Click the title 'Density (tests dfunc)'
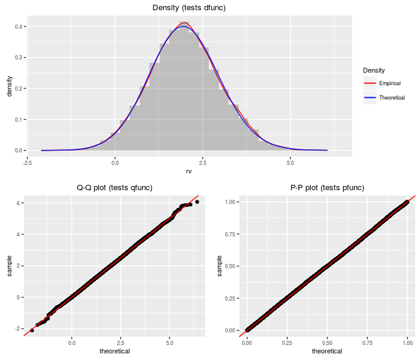(x=189, y=7)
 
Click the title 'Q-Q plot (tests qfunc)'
(x=115, y=188)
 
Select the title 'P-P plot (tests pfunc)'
(x=326, y=188)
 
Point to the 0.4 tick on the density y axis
(x=20, y=27)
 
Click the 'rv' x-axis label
(x=189, y=171)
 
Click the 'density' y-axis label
(x=9, y=86)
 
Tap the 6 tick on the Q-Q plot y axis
(x=20, y=203)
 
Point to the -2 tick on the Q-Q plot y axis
(x=19, y=329)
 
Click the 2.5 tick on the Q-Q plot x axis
(x=122, y=343)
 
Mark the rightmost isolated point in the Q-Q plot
(x=197, y=202)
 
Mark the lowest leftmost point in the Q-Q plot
(x=32, y=330)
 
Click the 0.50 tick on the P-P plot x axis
(x=326, y=343)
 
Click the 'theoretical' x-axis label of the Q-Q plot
(x=115, y=352)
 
